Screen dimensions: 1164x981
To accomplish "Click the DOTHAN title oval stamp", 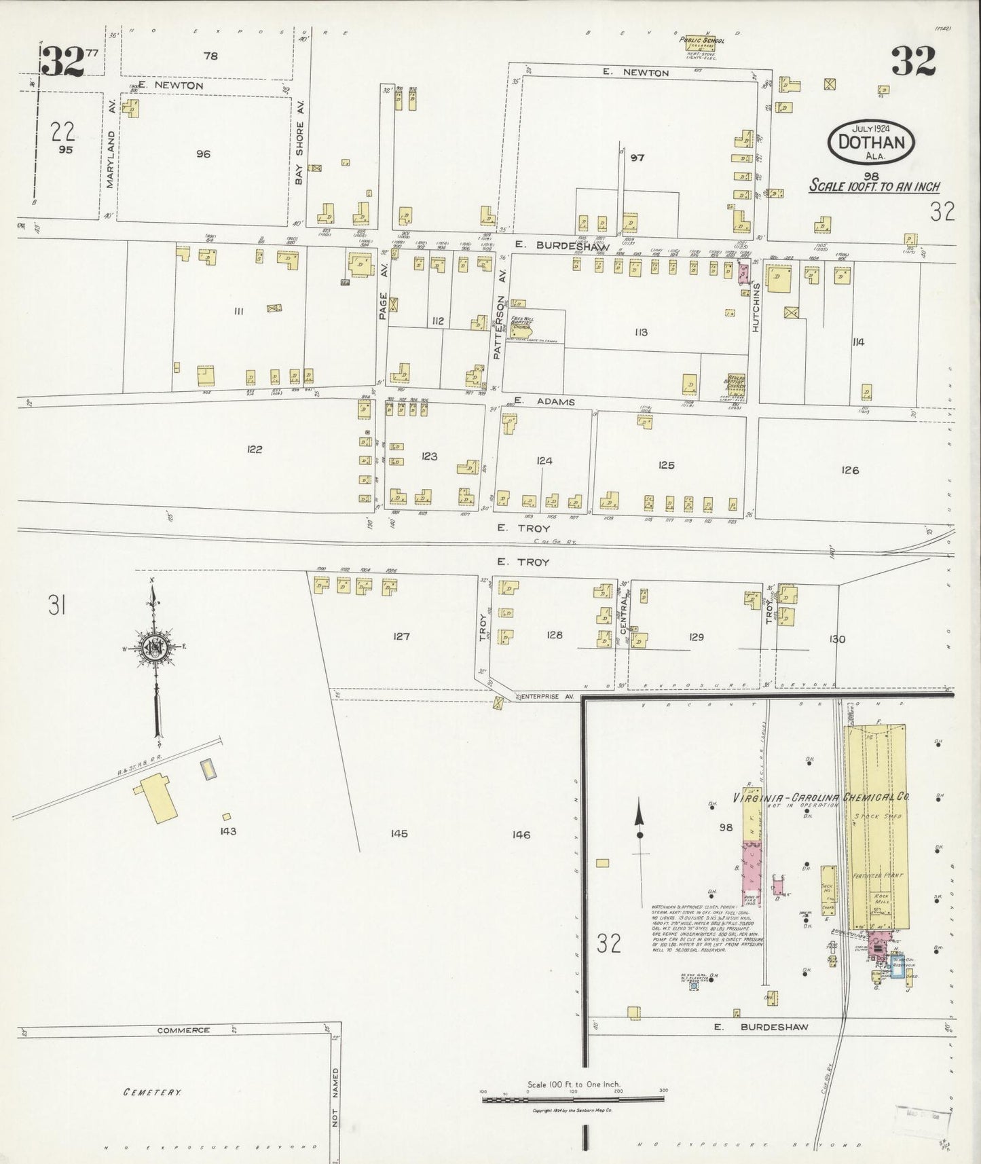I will [872, 142].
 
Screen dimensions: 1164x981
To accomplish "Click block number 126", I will [849, 469].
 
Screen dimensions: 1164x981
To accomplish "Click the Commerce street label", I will [183, 1030].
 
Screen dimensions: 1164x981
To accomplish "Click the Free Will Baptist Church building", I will [523, 327].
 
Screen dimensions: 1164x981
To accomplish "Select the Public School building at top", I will [703, 48].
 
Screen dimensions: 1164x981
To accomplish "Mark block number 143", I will [227, 831].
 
